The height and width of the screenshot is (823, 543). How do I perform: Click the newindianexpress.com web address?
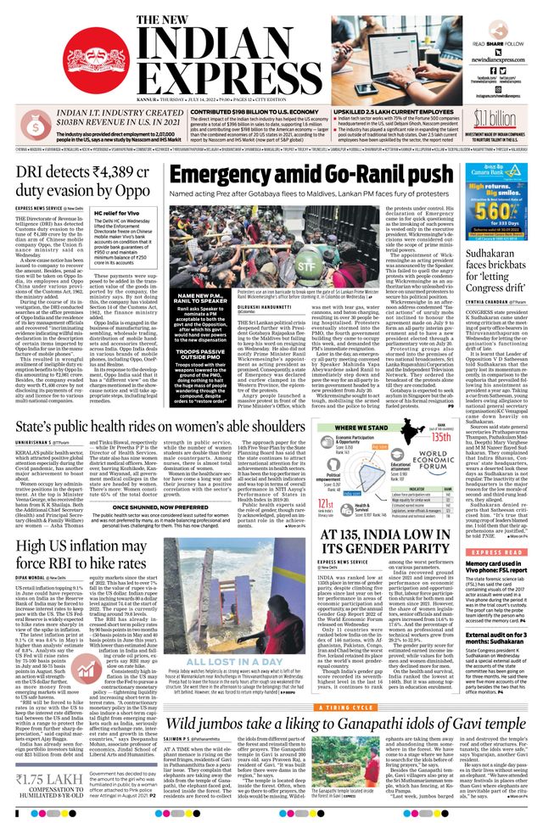point(501,60)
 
